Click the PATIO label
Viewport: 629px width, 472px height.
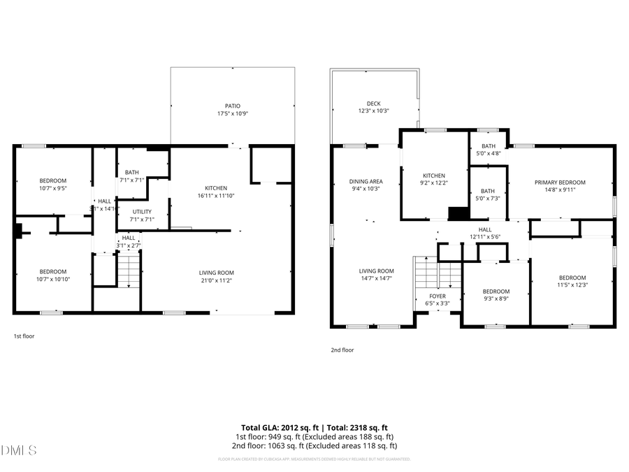(233, 106)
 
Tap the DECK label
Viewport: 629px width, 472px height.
(373, 103)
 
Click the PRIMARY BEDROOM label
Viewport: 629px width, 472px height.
(560, 183)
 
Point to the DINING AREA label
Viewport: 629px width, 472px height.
(366, 181)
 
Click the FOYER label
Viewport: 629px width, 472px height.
(438, 296)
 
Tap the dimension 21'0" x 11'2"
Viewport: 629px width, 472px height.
(216, 280)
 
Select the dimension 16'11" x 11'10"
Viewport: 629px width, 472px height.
(216, 196)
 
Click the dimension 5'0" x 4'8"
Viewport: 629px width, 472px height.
(488, 153)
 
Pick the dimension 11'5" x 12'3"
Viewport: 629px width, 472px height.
(572, 285)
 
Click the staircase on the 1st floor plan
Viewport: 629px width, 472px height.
(128, 271)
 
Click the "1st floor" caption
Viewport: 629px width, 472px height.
(24, 336)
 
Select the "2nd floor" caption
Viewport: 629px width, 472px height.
(342, 350)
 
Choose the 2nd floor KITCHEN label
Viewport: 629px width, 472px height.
(434, 176)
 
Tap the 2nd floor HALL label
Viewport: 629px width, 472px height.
(485, 229)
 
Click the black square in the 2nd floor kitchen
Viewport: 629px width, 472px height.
(458, 214)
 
